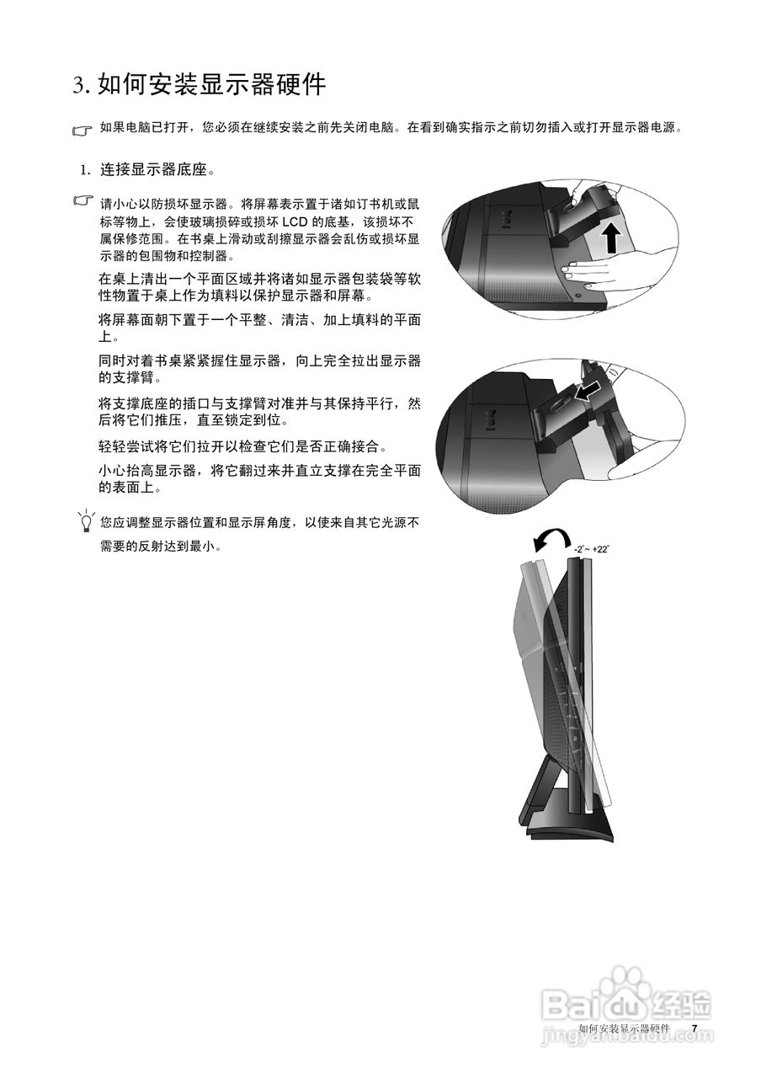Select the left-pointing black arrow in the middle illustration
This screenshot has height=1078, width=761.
click(588, 390)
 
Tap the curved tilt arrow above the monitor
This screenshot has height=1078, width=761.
click(551, 540)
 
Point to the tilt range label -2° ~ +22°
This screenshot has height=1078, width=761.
click(592, 549)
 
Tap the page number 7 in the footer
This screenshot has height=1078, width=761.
click(694, 1029)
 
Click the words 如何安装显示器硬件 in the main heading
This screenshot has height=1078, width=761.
click(212, 85)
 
